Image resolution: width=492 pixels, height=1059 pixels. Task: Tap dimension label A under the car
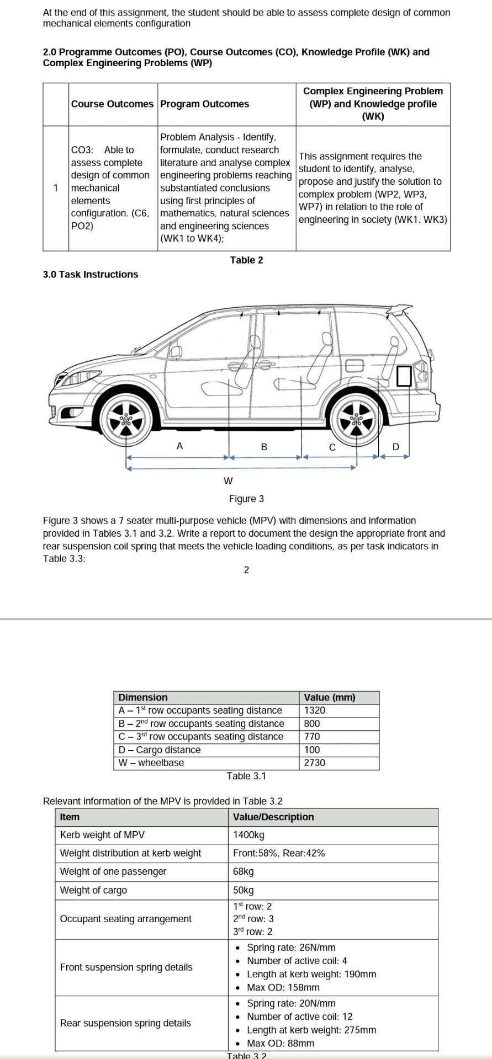click(179, 446)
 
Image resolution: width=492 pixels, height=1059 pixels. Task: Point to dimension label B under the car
click(264, 447)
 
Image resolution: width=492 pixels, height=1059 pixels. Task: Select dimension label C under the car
click(332, 447)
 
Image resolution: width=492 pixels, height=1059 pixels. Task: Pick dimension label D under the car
click(395, 447)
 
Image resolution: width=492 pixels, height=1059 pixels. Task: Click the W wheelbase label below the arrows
click(228, 481)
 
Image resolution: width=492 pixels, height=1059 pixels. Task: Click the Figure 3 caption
click(246, 499)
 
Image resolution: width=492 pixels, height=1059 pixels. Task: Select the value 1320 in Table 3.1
click(315, 710)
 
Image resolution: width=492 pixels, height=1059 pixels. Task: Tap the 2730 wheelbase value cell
click(315, 763)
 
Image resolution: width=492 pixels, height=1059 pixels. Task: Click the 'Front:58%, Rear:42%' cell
click(279, 853)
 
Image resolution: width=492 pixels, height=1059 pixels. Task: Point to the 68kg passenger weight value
click(244, 871)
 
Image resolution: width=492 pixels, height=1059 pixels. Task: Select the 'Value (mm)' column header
click(330, 697)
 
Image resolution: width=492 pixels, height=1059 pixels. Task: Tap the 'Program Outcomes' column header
click(204, 104)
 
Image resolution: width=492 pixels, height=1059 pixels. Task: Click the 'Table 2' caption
click(246, 260)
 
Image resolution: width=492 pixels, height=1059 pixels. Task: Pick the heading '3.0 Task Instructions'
click(91, 275)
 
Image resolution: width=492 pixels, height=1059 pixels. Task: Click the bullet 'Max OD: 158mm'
click(283, 987)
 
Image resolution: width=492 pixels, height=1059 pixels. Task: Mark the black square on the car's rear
click(404, 376)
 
